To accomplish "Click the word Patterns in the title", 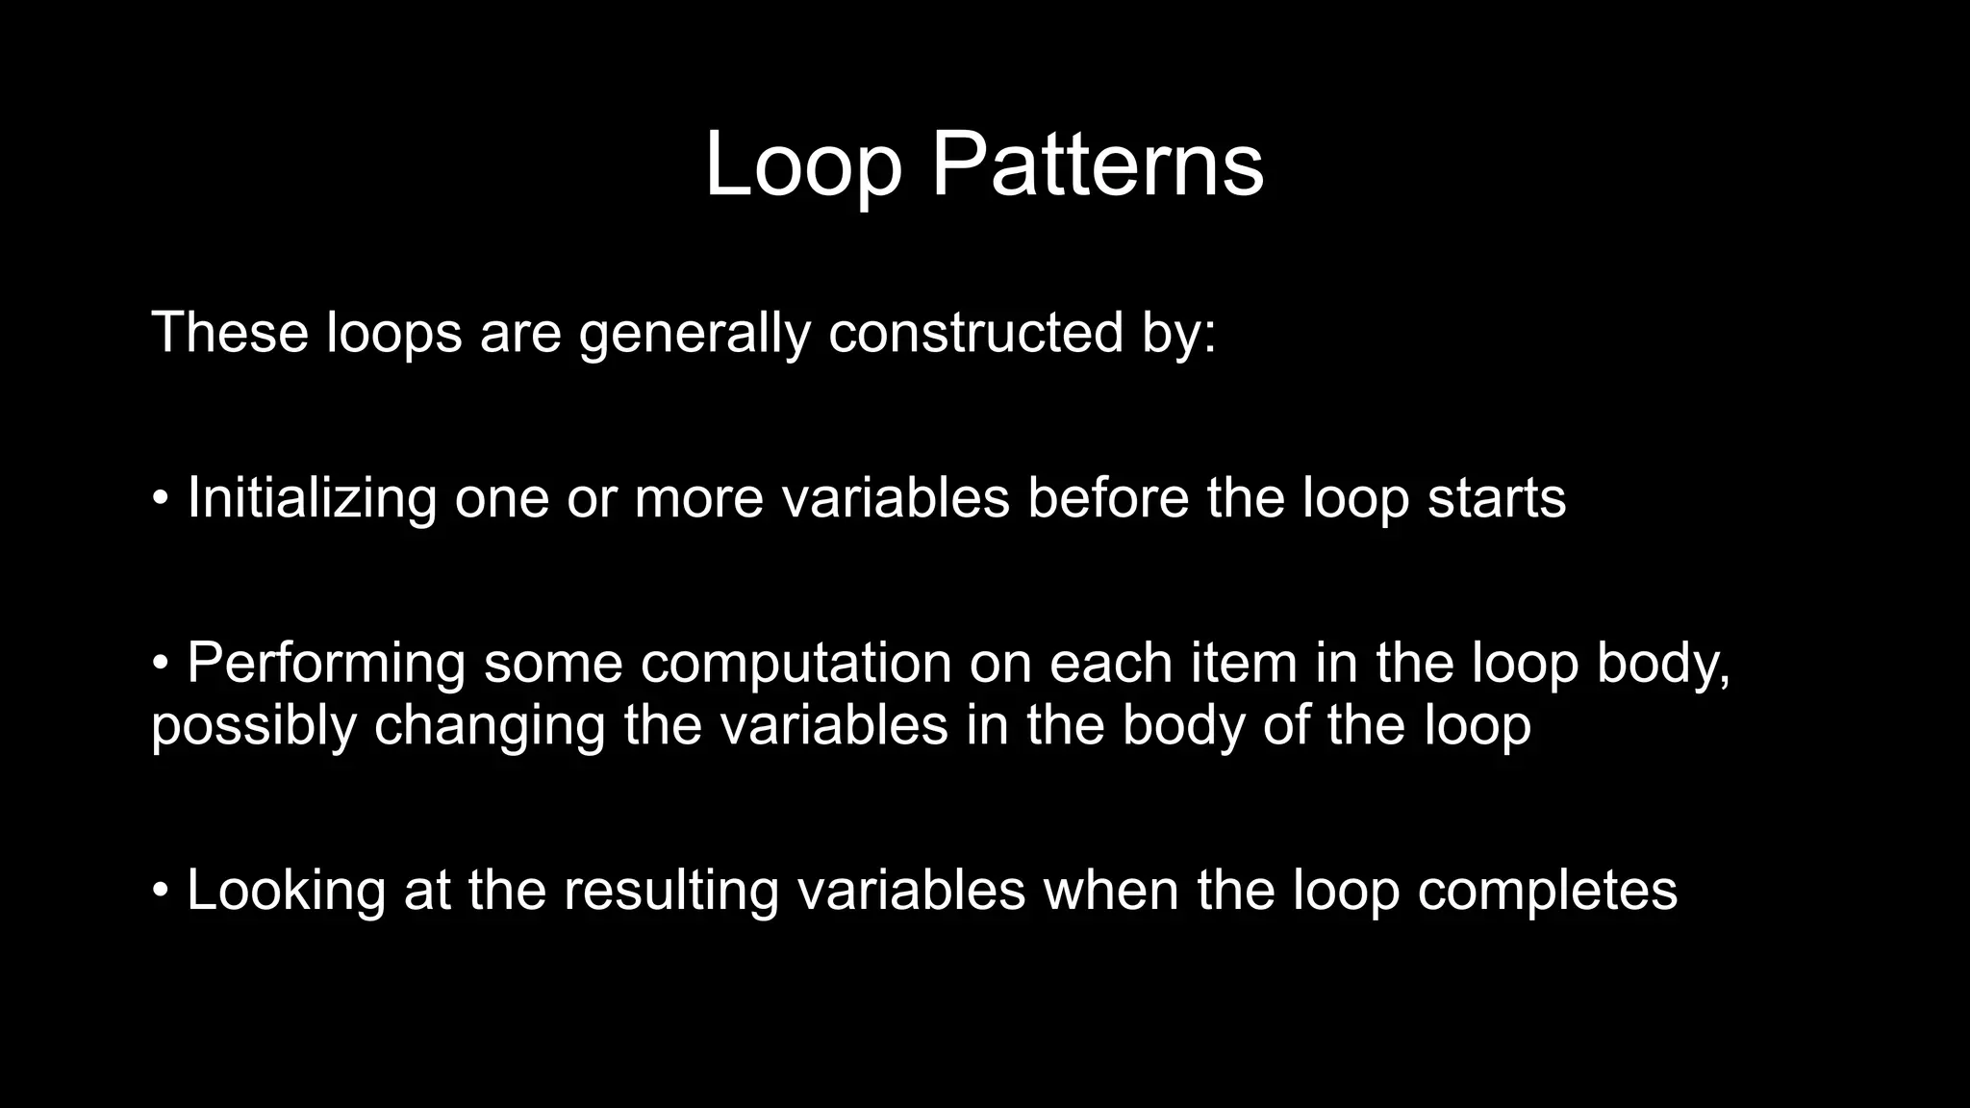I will click(1097, 165).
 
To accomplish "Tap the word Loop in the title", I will click(803, 165).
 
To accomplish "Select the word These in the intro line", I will click(229, 333).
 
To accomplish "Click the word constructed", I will click(975, 333).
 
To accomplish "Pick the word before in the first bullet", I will click(1108, 498).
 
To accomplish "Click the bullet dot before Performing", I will click(161, 664).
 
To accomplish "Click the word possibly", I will click(254, 727).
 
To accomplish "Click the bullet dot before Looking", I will click(161, 891).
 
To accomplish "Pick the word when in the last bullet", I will click(1112, 891).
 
